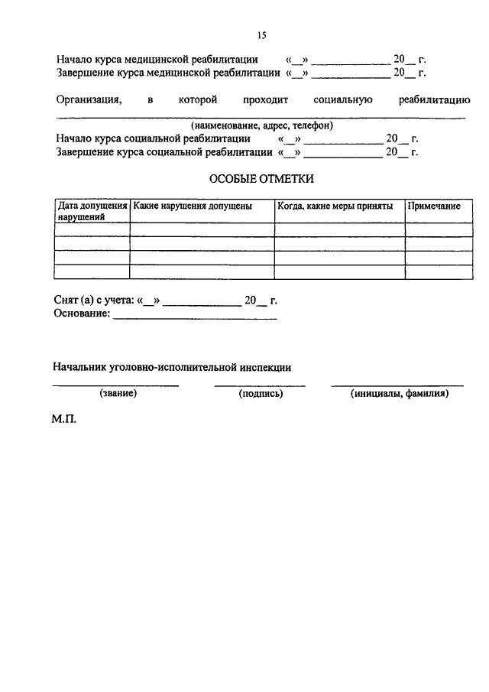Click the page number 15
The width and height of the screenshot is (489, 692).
click(x=261, y=35)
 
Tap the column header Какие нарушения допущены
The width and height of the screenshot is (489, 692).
click(x=182, y=206)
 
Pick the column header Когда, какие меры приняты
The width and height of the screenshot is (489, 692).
click(x=335, y=206)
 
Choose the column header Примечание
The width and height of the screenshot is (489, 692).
click(x=433, y=206)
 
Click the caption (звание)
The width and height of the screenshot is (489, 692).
click(x=118, y=394)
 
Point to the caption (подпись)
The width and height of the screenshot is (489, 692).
click(x=261, y=394)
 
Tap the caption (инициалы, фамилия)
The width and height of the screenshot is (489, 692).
click(x=399, y=394)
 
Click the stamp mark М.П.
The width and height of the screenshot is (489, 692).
click(x=66, y=420)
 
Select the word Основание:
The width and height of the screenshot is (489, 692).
click(x=83, y=314)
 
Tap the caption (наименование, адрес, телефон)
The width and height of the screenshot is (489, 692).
click(x=261, y=125)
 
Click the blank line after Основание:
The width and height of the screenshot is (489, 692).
click(x=195, y=317)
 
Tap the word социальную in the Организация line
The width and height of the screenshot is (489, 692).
click(x=342, y=100)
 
